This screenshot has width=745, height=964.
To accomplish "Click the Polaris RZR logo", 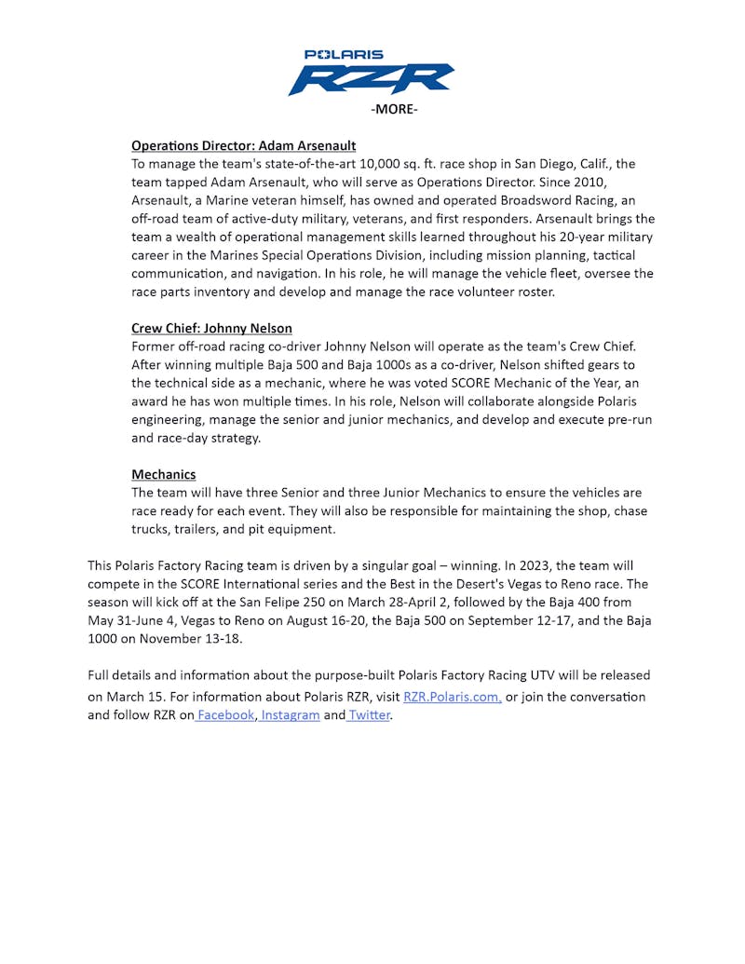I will [371, 74].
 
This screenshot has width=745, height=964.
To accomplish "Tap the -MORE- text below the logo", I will [394, 110].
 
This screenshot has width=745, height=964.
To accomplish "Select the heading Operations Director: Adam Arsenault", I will [243, 146].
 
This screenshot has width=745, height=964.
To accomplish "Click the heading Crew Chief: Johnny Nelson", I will [211, 328].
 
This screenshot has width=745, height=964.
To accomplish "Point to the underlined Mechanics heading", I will [163, 474].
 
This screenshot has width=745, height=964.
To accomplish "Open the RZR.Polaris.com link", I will [453, 697].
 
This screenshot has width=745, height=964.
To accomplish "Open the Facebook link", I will [225, 715].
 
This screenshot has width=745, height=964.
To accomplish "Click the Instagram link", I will [291, 715].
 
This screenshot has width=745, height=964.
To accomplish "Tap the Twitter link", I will [369, 715].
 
